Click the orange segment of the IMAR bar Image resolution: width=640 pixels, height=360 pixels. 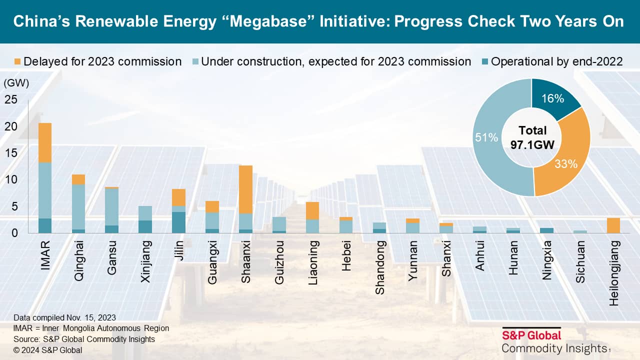click(x=45, y=142)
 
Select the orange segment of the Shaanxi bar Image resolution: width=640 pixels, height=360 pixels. click(x=245, y=189)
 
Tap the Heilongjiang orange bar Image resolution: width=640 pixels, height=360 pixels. click(x=613, y=225)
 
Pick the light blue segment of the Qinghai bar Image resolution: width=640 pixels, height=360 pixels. click(x=78, y=206)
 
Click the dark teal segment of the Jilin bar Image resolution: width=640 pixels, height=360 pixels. click(x=178, y=222)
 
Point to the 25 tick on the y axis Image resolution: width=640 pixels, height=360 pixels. click(x=11, y=99)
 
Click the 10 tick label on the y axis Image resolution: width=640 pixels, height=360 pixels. click(x=11, y=179)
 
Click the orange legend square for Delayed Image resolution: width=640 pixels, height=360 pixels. click(x=17, y=62)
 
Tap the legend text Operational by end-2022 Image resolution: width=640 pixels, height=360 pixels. click(x=556, y=61)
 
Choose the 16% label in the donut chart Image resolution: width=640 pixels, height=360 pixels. click(x=553, y=98)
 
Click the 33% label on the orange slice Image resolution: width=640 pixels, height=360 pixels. click(x=566, y=163)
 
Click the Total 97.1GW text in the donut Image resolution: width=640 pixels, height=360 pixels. click(x=532, y=137)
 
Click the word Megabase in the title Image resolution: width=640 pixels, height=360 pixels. click(x=272, y=22)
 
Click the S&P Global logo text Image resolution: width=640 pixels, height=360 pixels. click(x=531, y=335)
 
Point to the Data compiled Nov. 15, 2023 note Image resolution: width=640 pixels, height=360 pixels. click(x=64, y=317)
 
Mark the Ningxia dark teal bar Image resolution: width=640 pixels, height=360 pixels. click(x=546, y=230)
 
